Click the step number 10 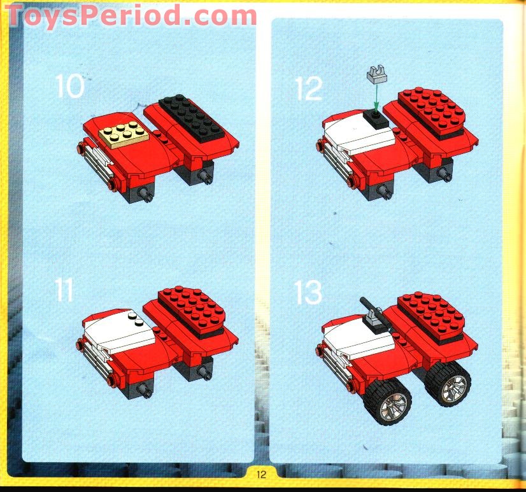click(69, 86)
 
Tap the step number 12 click(309, 89)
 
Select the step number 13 click(309, 293)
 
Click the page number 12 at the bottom click(262, 474)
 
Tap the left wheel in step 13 click(387, 400)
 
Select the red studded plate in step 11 click(192, 307)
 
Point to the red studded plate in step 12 click(432, 110)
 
